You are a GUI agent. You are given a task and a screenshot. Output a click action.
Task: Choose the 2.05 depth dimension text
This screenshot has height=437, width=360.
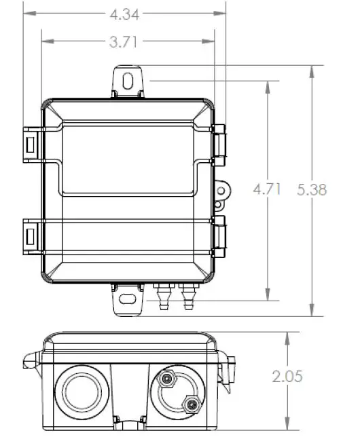[x=287, y=376]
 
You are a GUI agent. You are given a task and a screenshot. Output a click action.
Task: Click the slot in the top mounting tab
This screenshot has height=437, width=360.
[x=128, y=81]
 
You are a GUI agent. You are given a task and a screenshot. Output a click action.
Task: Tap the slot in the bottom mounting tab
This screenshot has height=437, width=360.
[x=127, y=299]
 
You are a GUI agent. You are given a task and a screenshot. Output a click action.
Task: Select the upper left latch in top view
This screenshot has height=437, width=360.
[x=30, y=143]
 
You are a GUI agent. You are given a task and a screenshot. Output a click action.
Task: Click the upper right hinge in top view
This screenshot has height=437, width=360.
[x=219, y=143]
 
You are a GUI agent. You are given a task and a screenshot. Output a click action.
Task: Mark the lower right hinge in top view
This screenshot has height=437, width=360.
[x=219, y=236]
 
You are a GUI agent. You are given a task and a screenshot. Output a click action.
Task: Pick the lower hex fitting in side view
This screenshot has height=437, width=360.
[x=192, y=405]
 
